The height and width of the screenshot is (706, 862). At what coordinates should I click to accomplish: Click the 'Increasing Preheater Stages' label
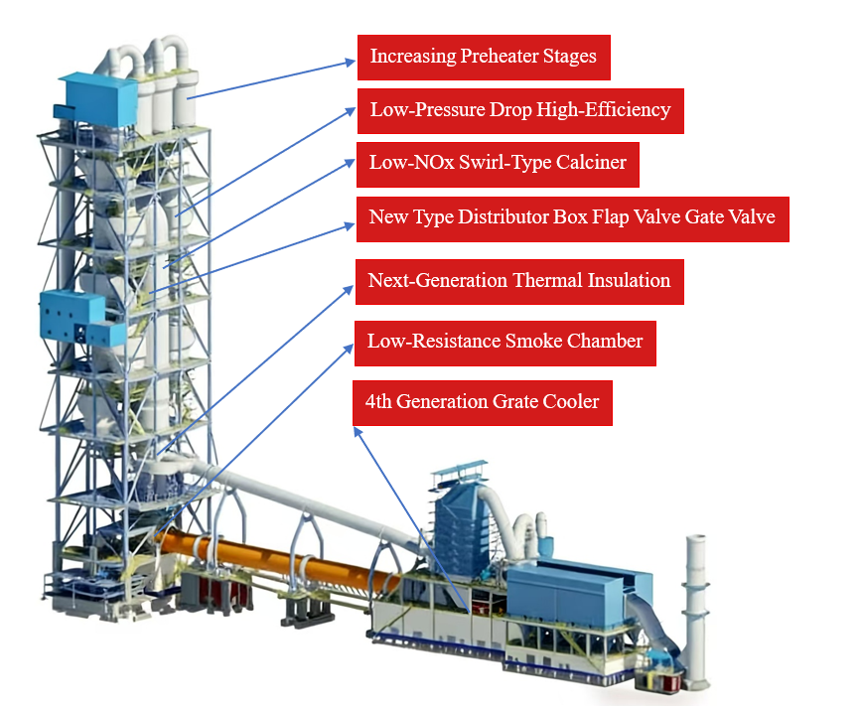click(484, 57)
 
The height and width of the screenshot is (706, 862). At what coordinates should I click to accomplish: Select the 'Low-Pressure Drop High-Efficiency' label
click(520, 110)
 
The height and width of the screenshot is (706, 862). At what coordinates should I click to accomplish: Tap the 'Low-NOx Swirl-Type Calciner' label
click(498, 163)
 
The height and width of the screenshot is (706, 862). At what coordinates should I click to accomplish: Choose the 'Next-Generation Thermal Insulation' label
click(519, 281)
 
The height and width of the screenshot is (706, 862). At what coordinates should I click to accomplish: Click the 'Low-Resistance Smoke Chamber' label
click(505, 342)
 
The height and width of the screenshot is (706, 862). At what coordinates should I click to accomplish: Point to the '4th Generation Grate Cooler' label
click(483, 402)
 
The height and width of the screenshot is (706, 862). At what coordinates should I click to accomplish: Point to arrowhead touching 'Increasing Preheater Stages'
click(350, 62)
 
